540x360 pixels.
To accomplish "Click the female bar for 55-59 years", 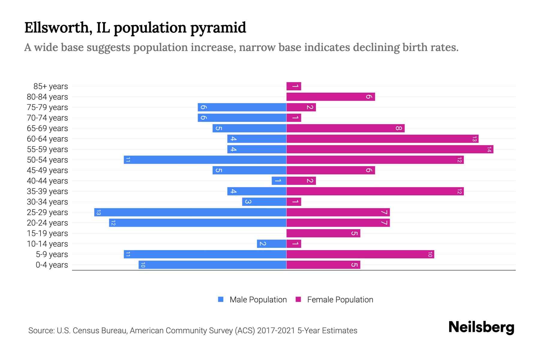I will pyautogui.click(x=389, y=149).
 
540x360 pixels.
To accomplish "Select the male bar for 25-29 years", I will pyautogui.click(x=190, y=212).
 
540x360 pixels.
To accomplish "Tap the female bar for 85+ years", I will pyautogui.click(x=294, y=86).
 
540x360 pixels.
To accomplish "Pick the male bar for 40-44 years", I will pyautogui.click(x=279, y=181).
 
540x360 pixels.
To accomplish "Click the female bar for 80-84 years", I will pyautogui.click(x=331, y=97).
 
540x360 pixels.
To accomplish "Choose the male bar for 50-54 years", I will pyautogui.click(x=205, y=160).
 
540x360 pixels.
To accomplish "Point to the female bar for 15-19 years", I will pyautogui.click(x=323, y=233).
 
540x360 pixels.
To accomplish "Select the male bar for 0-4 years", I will pyautogui.click(x=212, y=265).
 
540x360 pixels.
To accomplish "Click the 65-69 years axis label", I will pyautogui.click(x=47, y=128).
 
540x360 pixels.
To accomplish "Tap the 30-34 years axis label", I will pyautogui.click(x=47, y=202).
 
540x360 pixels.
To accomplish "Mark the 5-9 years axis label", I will pyautogui.click(x=52, y=254).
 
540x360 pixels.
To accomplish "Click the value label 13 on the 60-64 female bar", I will pyautogui.click(x=474, y=139).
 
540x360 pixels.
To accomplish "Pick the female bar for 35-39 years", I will pyautogui.click(x=375, y=191).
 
